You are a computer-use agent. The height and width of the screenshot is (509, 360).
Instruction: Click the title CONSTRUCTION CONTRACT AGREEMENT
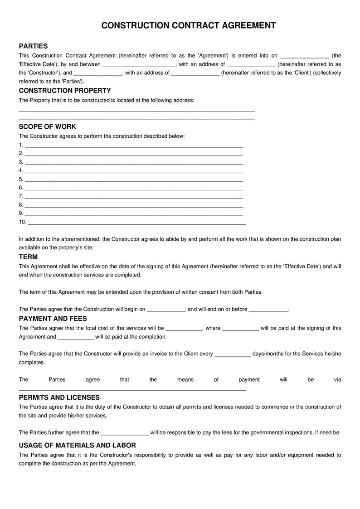pos(188,26)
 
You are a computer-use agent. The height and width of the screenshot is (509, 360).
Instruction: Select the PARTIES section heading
pos(33,46)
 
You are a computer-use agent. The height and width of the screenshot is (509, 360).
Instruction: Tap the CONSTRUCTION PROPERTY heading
pos(64,91)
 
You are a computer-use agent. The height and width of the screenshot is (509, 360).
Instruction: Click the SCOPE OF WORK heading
pos(47,126)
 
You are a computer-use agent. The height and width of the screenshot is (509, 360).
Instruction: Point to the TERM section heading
pos(28,257)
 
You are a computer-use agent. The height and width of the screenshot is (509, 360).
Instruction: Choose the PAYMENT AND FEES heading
pos(53,319)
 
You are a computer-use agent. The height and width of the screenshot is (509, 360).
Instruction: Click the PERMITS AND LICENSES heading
pos(59,398)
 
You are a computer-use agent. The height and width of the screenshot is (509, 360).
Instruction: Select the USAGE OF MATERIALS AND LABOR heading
pos(77,445)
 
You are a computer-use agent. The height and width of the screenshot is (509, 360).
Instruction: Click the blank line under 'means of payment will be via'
pos(132,389)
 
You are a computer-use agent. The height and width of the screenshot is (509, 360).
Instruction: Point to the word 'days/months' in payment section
pos(268,354)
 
